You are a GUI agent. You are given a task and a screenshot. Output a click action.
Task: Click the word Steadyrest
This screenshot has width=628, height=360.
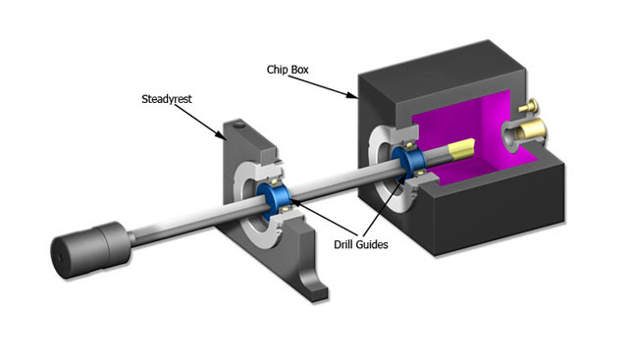click(167, 99)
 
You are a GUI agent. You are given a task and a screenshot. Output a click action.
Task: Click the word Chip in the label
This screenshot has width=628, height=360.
click(276, 70)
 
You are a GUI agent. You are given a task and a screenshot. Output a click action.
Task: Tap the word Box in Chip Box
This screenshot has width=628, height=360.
click(298, 70)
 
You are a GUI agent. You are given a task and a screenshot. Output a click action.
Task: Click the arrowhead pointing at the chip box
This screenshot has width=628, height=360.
click(352, 95)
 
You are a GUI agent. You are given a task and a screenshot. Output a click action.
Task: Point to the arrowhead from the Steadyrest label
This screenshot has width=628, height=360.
click(221, 135)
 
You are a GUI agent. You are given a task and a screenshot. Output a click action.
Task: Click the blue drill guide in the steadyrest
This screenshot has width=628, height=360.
click(274, 201)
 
